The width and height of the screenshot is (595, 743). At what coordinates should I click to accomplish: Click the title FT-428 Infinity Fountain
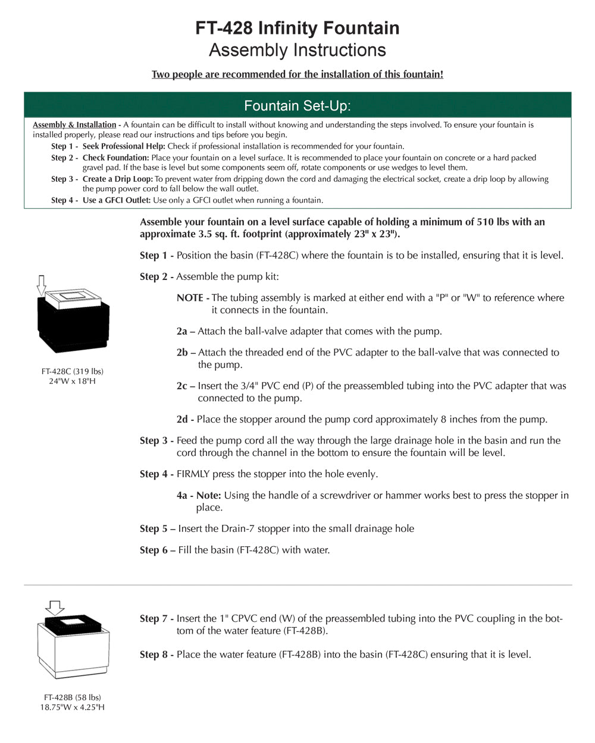pyautogui.click(x=297, y=28)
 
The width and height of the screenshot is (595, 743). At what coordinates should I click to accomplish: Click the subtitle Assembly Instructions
pyautogui.click(x=297, y=50)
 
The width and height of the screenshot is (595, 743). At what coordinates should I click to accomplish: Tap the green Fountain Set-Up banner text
pyautogui.click(x=297, y=106)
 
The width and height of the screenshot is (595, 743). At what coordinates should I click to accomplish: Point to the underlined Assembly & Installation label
pyautogui.click(x=74, y=125)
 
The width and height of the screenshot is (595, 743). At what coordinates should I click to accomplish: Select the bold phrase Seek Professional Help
pyautogui.click(x=124, y=146)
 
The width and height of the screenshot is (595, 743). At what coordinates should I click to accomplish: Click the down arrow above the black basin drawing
pyautogui.click(x=41, y=285)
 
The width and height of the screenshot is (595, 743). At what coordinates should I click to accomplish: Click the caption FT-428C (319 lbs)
pyautogui.click(x=73, y=371)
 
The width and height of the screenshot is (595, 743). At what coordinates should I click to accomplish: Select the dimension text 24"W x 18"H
pyautogui.click(x=73, y=381)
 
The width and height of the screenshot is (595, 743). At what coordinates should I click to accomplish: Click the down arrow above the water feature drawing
pyautogui.click(x=55, y=607)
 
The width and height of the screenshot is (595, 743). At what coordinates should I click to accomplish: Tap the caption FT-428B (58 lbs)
pyautogui.click(x=73, y=697)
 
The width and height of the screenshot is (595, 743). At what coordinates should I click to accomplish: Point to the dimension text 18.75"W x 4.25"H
pyautogui.click(x=73, y=707)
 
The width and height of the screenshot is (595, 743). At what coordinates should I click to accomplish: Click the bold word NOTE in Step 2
pyautogui.click(x=190, y=298)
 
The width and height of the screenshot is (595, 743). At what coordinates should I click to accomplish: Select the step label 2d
pyautogui.click(x=182, y=420)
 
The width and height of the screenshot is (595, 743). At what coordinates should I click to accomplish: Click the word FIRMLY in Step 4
pyautogui.click(x=195, y=474)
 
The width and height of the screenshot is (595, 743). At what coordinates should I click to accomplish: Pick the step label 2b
pyautogui.click(x=182, y=352)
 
